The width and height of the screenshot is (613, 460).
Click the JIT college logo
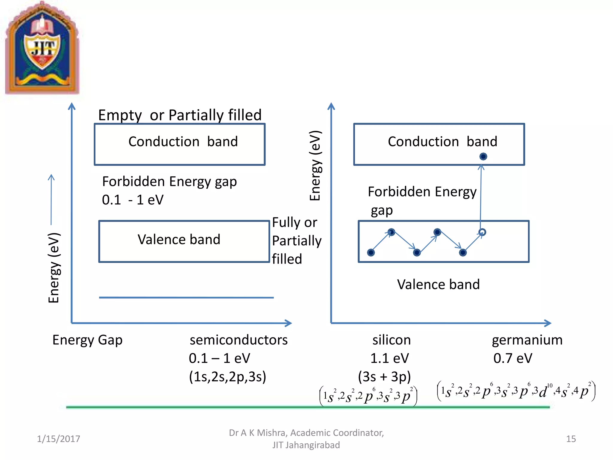[42, 48]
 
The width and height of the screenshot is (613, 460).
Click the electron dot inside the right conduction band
[483, 156]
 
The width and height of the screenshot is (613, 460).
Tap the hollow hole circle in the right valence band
[482, 232]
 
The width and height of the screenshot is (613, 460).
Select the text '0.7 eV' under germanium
[513, 358]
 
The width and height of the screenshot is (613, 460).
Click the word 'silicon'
[392, 340]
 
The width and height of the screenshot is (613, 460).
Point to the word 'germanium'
[527, 340]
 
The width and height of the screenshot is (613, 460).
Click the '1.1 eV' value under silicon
[389, 358]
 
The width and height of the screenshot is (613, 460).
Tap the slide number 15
[571, 439]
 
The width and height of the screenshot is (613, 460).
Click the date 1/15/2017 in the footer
[58, 439]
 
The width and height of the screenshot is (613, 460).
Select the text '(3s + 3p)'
[384, 376]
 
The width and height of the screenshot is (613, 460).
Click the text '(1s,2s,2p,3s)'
[227, 376]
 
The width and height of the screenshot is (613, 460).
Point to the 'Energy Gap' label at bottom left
[87, 340]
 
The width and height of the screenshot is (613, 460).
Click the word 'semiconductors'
[239, 340]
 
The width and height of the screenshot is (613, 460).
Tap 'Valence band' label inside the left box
[179, 240]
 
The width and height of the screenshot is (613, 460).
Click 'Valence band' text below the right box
[438, 284]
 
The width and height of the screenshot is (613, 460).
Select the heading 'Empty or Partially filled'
[180, 115]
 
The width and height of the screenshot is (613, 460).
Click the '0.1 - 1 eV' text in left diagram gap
[133, 200]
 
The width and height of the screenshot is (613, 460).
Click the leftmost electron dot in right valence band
[371, 252]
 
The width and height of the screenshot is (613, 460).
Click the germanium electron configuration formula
[516, 391]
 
